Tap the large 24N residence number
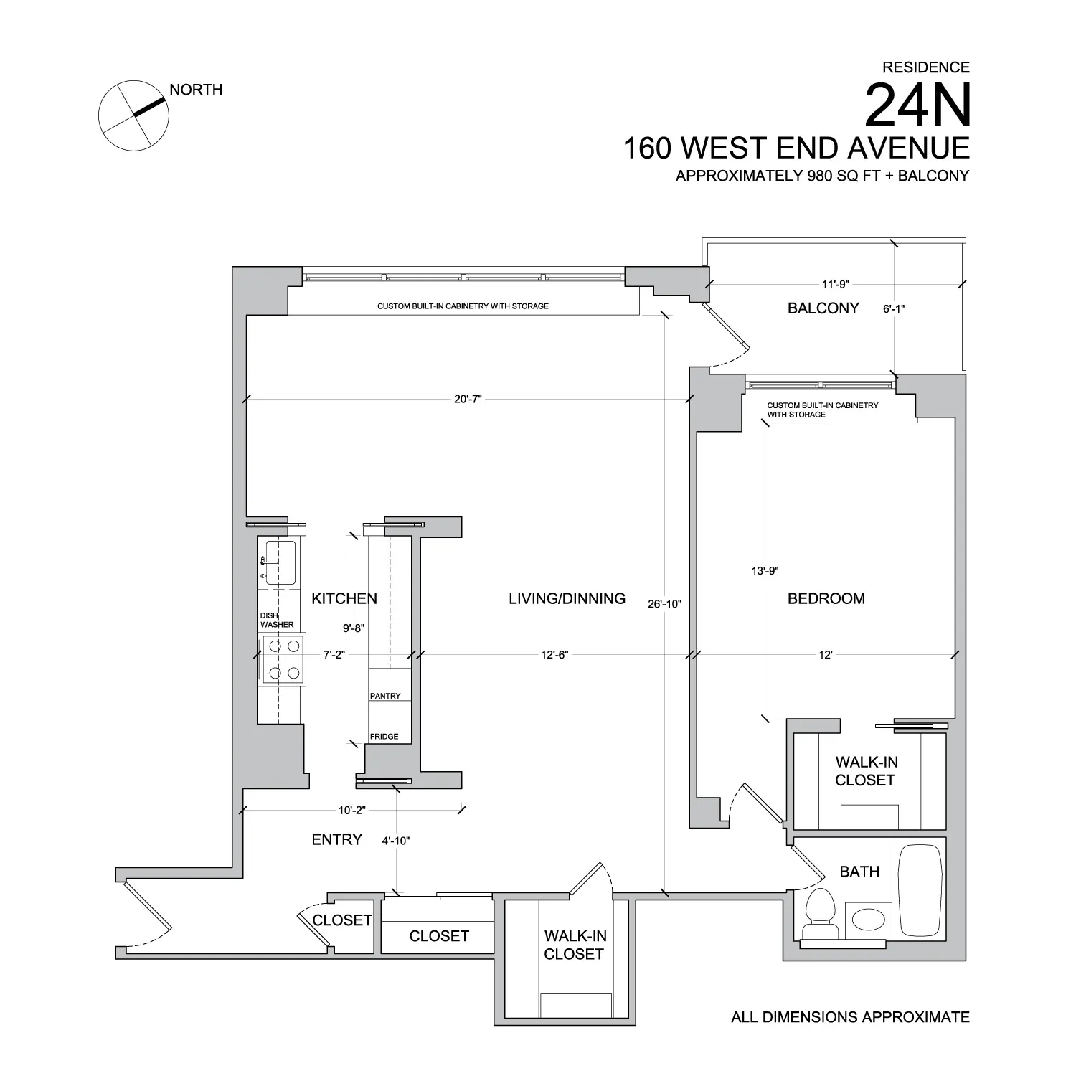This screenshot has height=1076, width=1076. tap(917, 105)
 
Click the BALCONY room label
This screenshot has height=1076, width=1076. tap(823, 308)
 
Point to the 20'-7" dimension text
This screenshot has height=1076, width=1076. tap(468, 399)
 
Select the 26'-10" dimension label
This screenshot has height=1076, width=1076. tap(664, 604)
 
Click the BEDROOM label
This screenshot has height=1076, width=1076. tap(826, 598)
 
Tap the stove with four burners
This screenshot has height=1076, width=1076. tap(283, 659)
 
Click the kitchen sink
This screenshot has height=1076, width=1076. tap(279, 562)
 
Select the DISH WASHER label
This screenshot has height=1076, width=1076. tap(276, 620)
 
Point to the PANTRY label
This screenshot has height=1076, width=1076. tap(385, 696)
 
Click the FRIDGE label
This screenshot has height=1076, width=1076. tap(384, 737)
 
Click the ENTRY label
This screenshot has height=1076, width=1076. tap(336, 839)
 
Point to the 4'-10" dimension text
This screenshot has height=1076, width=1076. tap(395, 841)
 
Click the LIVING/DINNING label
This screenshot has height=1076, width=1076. tap(567, 598)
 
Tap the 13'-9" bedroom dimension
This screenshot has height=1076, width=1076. tap(764, 571)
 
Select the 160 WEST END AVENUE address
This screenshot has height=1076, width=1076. tap(796, 148)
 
